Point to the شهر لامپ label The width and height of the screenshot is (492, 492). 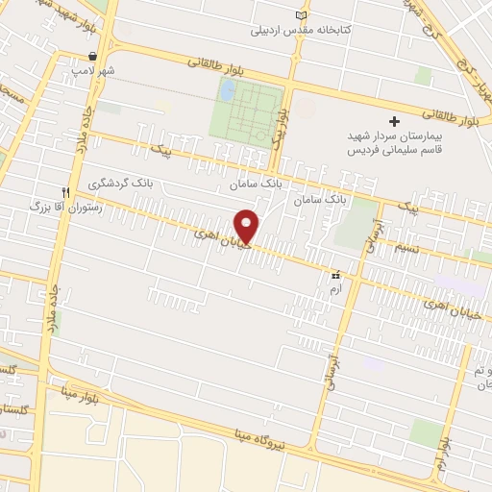[x=97, y=71]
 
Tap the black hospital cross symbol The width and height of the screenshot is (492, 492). [x=393, y=121]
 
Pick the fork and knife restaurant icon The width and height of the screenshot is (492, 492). [x=66, y=191]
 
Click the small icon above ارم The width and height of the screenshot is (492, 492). [x=335, y=273]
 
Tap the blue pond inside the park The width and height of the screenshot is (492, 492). [x=228, y=91]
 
